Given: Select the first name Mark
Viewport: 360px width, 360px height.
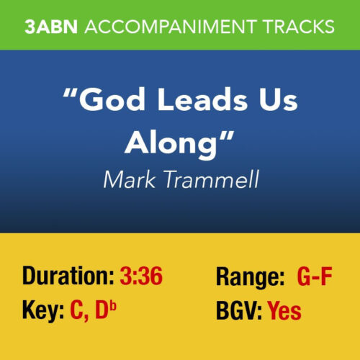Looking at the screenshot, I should tap(128, 179).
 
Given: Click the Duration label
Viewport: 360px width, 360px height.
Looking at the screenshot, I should tap(69, 276).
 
